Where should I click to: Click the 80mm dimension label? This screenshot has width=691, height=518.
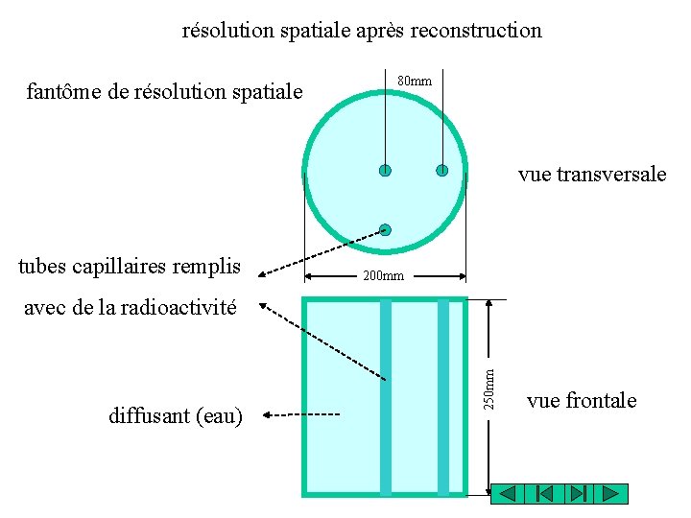pyautogui.click(x=415, y=82)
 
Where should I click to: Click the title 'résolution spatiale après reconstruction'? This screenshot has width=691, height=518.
pyautogui.click(x=362, y=30)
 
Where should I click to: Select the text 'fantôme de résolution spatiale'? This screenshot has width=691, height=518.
pyautogui.click(x=164, y=92)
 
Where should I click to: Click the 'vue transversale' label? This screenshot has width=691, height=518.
pyautogui.click(x=591, y=174)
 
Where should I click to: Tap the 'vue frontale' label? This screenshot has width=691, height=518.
pyautogui.click(x=582, y=400)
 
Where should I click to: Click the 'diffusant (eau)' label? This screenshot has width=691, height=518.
pyautogui.click(x=176, y=415)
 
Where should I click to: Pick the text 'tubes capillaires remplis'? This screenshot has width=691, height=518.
pyautogui.click(x=130, y=266)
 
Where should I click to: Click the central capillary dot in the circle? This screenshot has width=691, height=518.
pyautogui.click(x=385, y=171)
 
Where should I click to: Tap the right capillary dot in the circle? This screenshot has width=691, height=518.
pyautogui.click(x=442, y=171)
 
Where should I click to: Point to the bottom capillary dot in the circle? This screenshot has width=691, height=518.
pyautogui.click(x=385, y=229)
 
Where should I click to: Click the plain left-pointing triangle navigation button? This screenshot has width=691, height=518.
pyautogui.click(x=509, y=494)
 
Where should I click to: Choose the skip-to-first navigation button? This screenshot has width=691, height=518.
pyautogui.click(x=542, y=494)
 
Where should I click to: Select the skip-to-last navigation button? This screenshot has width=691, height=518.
pyautogui.click(x=576, y=494)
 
